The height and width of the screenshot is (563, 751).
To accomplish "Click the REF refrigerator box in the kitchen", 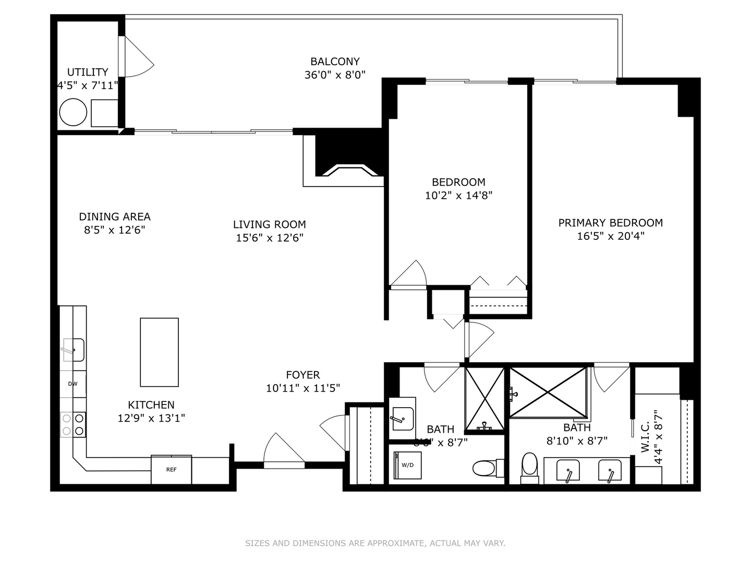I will (171, 470).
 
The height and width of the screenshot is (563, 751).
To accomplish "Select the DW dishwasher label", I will (72, 384).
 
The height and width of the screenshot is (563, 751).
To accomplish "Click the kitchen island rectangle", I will (159, 352).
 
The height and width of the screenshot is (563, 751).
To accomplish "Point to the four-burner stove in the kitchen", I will (73, 424).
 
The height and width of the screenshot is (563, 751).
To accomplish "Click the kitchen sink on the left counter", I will (73, 350).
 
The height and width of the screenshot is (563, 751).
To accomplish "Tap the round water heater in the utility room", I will (73, 112).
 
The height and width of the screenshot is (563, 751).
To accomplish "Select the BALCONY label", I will (335, 62).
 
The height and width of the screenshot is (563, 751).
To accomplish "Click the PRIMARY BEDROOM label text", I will (610, 223).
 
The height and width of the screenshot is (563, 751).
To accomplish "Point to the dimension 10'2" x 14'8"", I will (458, 195).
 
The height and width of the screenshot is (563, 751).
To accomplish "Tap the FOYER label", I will (302, 375).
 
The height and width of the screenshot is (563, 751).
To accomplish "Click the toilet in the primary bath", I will (530, 467).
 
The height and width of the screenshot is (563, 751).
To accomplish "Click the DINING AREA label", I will (115, 217).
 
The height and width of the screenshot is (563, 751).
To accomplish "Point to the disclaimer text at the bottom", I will (375, 543).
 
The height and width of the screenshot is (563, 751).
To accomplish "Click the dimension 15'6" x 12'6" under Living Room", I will (269, 238).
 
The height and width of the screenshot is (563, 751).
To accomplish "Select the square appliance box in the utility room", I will (104, 113).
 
